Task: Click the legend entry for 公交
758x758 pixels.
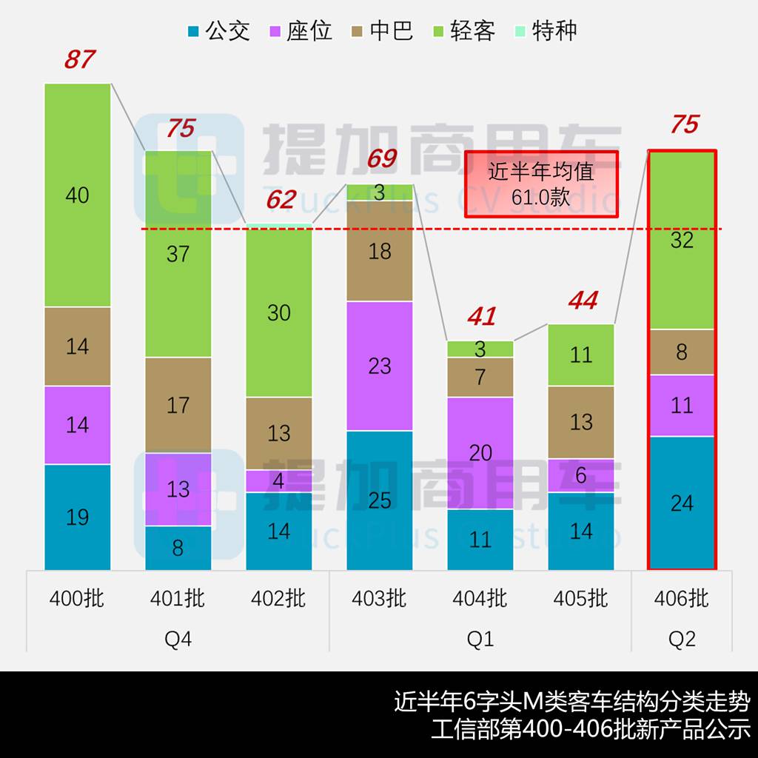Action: [218, 31]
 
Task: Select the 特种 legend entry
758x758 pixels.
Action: [544, 31]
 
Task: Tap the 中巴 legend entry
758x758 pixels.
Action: [381, 31]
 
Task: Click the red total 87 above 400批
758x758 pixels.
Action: [79, 59]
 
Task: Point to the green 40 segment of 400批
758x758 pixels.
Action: [78, 195]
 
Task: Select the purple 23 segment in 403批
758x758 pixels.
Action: [380, 366]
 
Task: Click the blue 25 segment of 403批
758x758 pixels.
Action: [380, 500]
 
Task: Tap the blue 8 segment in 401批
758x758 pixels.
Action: [178, 548]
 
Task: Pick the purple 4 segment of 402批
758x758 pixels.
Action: [279, 481]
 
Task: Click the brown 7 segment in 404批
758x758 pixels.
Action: [480, 377]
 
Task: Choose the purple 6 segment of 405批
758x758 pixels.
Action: [581, 475]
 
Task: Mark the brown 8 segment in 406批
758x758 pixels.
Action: [682, 352]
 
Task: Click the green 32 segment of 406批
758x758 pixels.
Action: [682, 241]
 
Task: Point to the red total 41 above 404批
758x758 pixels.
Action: [481, 317]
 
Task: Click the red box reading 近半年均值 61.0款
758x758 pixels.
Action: [541, 184]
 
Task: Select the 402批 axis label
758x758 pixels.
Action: [279, 598]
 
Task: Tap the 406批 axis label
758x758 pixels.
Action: [682, 598]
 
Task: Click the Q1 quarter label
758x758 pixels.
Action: [480, 638]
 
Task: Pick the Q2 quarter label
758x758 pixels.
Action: [682, 638]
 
